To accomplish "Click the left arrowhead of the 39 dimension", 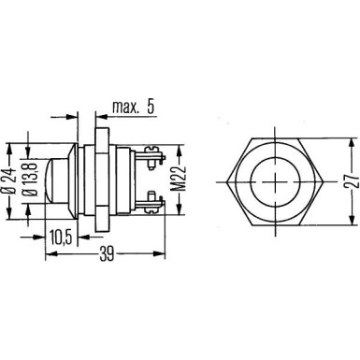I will [48, 252].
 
